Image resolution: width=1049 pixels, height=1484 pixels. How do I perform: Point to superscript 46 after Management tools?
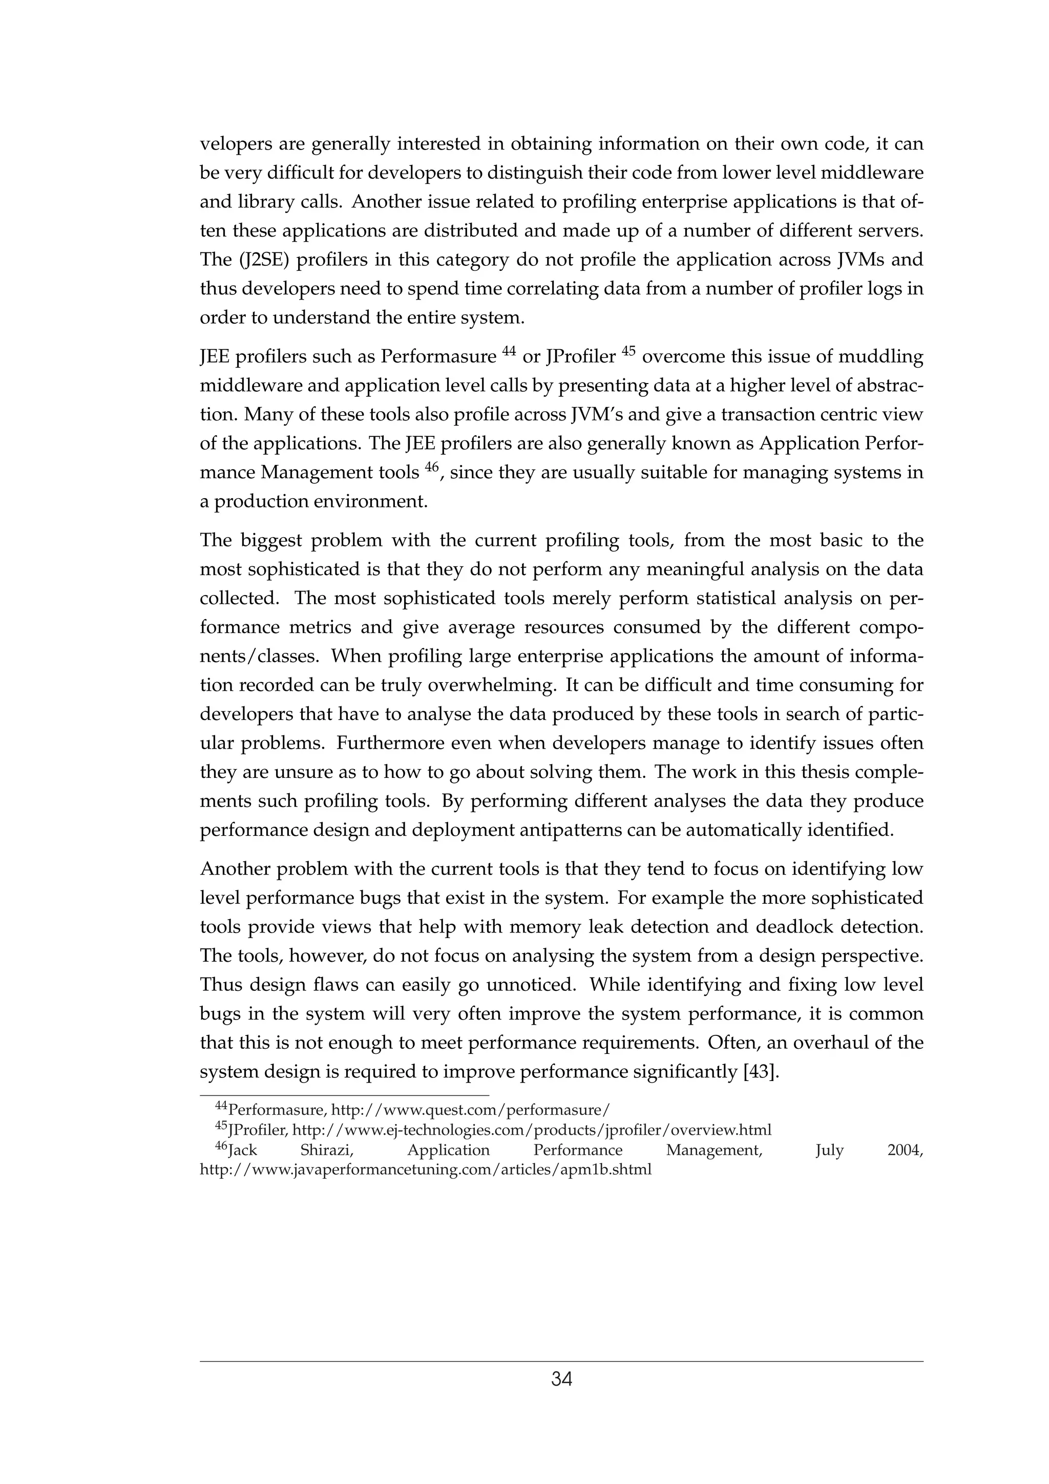tap(432, 468)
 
